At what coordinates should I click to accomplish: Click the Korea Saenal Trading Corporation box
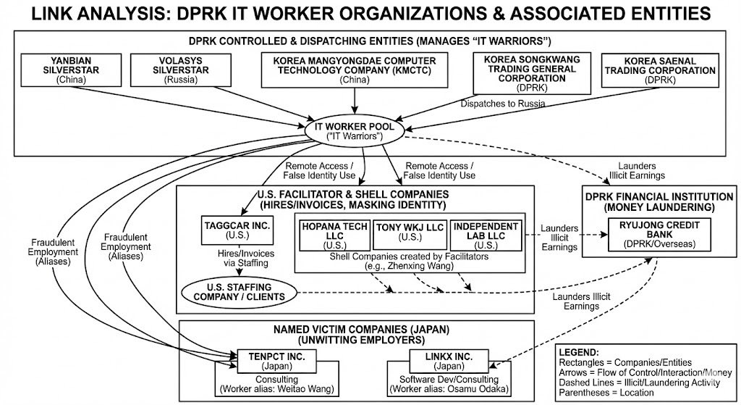659,70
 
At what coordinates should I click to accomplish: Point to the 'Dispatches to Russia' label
501,103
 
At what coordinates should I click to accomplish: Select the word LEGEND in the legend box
580,351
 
